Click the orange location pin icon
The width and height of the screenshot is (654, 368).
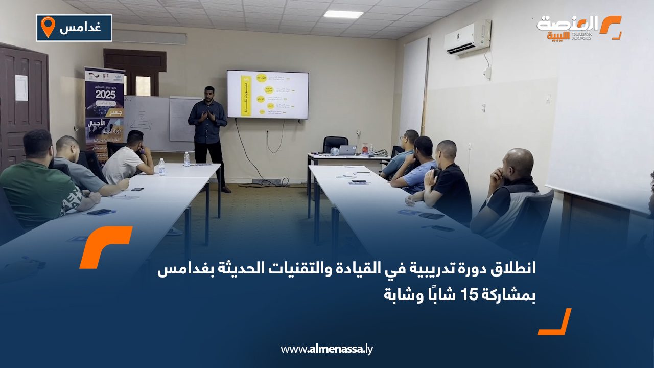click(48, 27)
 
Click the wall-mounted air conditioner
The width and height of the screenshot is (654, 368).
click(467, 37)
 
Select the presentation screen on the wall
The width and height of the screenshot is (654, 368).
click(267, 95)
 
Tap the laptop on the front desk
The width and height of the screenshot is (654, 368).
click(348, 150)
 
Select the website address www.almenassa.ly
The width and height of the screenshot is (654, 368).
click(326, 349)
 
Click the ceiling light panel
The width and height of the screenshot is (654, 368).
click(343, 14)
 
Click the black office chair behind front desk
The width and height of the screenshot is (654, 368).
click(335, 145)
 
